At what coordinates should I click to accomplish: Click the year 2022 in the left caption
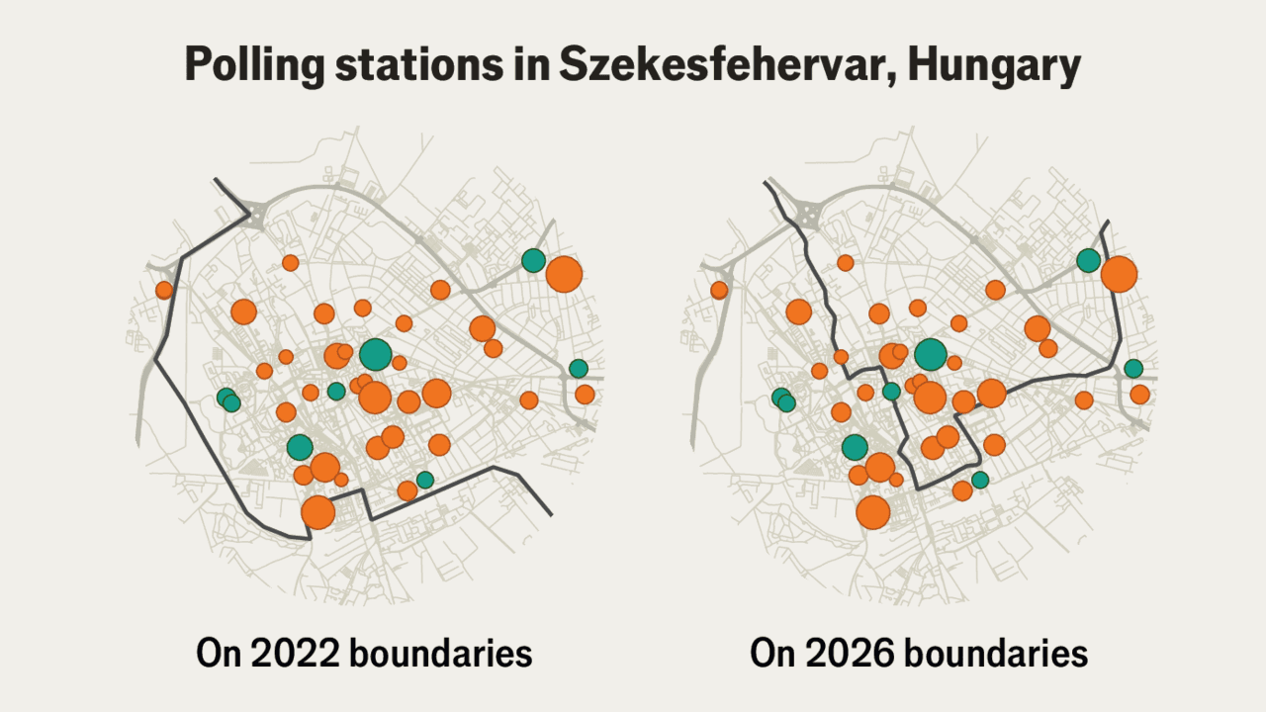[x=288, y=654]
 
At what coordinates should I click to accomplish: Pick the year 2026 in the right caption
[x=842, y=654]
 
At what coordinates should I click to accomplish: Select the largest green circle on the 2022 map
[x=375, y=353]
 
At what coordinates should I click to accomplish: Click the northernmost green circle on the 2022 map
[x=533, y=260]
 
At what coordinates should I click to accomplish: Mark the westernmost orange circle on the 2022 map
[x=164, y=290]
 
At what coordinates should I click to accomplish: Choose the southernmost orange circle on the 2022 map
[x=317, y=513]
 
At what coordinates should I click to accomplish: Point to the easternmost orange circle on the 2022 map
[x=585, y=395]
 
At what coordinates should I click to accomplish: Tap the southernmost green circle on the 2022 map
[x=425, y=480]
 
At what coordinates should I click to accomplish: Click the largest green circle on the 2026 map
[x=930, y=353]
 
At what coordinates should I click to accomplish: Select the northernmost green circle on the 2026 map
[x=1088, y=260]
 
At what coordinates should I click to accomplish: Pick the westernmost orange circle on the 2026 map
[x=719, y=290]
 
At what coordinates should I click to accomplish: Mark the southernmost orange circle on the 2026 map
[x=872, y=513]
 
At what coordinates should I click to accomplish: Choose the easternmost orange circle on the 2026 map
[x=1139, y=395]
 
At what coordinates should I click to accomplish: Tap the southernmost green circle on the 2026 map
[x=980, y=480]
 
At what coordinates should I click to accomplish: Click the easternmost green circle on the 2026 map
[x=1133, y=368]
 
